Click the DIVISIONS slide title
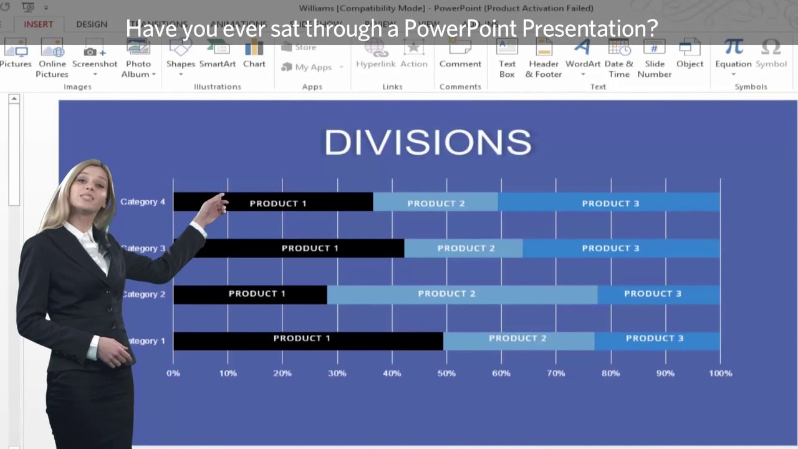point(428,143)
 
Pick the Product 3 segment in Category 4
point(609,202)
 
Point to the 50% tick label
point(446,374)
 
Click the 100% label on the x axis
point(720,374)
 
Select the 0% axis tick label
point(173,374)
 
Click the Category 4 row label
point(143,202)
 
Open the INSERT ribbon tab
point(38,24)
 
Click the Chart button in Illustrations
point(254,55)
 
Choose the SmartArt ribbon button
point(218,55)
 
